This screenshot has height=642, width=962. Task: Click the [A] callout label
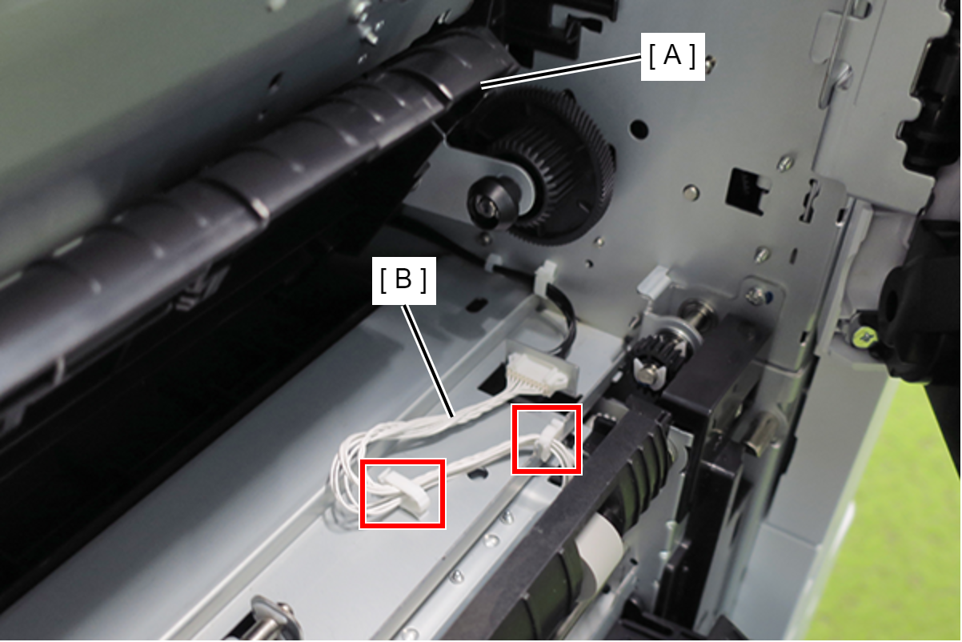point(672,56)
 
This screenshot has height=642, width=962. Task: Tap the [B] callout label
point(403,280)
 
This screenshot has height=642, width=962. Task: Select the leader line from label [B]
point(427,361)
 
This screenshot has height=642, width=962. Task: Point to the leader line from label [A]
point(561,72)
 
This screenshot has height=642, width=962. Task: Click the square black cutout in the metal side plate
point(747,191)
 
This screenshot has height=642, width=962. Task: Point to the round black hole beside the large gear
point(639,128)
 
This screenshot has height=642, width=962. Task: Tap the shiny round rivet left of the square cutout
point(691,192)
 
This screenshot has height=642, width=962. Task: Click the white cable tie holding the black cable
point(545,275)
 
